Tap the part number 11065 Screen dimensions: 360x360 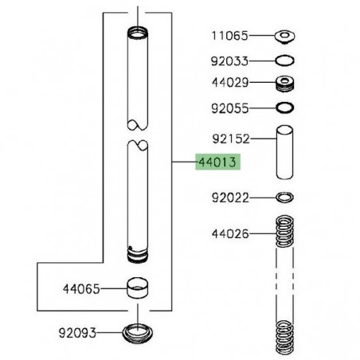tap(229, 35)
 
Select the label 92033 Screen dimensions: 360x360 tap(229, 59)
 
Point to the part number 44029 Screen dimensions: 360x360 tap(229, 82)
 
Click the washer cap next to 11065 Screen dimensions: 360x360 tap(284, 35)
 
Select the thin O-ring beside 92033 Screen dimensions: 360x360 tap(284, 59)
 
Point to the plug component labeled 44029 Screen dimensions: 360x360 tap(284, 83)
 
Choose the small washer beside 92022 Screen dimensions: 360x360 tap(284, 197)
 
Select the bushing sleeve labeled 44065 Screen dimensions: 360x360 tap(139, 287)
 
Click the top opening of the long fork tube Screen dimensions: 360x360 tap(139, 33)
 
